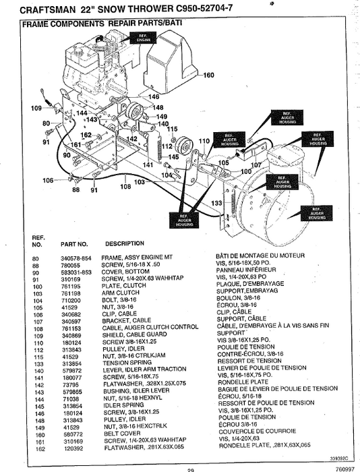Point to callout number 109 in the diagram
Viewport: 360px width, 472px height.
36,108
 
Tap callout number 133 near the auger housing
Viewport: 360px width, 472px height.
216,203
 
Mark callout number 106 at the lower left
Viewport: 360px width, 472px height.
48,180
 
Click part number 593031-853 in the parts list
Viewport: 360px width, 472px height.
76,271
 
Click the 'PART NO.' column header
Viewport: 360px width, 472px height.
74,243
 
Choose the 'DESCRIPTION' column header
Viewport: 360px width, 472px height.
124,243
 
